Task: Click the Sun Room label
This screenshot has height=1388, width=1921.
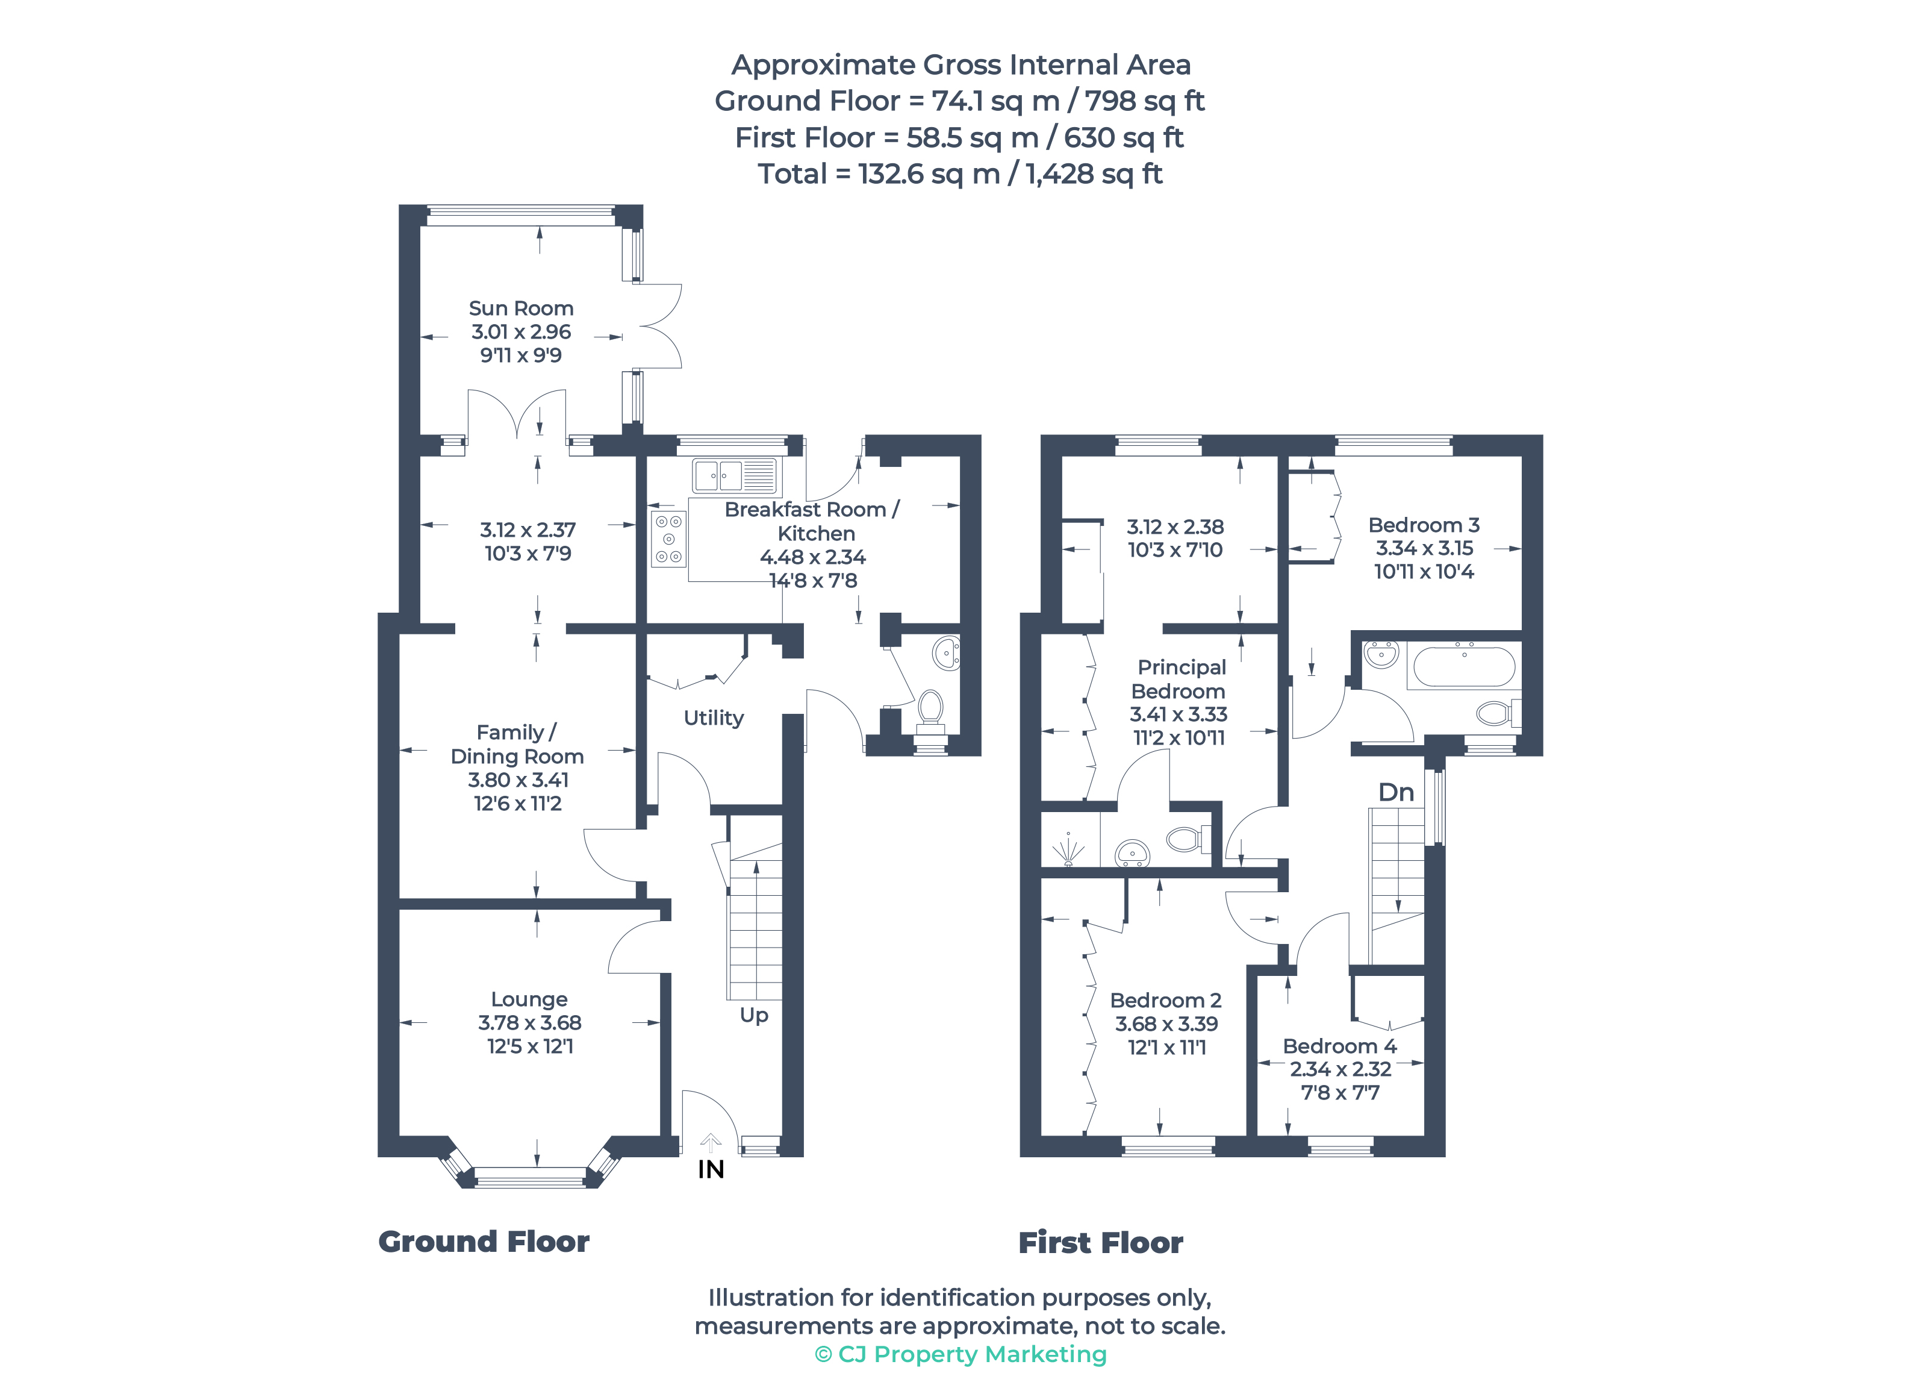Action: coord(521,308)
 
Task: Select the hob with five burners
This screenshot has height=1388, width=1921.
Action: coord(668,539)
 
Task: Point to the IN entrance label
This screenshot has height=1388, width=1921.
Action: coord(711,1169)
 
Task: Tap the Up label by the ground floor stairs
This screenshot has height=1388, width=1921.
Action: coord(754,1015)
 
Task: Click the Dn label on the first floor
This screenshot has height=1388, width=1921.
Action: coord(1396,792)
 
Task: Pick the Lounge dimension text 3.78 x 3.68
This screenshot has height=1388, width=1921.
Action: coord(529,1023)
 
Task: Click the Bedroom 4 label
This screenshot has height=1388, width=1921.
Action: coord(1339,1046)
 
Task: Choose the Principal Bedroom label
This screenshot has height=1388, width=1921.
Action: coord(1180,679)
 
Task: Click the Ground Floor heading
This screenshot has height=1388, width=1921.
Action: coord(484,1242)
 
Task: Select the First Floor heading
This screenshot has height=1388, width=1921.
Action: coord(1100,1242)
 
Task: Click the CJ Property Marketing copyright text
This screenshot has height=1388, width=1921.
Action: coord(960,1354)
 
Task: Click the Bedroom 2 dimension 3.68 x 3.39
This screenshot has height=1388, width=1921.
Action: coord(1166,1024)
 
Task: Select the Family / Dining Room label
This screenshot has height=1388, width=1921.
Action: coord(517,744)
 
